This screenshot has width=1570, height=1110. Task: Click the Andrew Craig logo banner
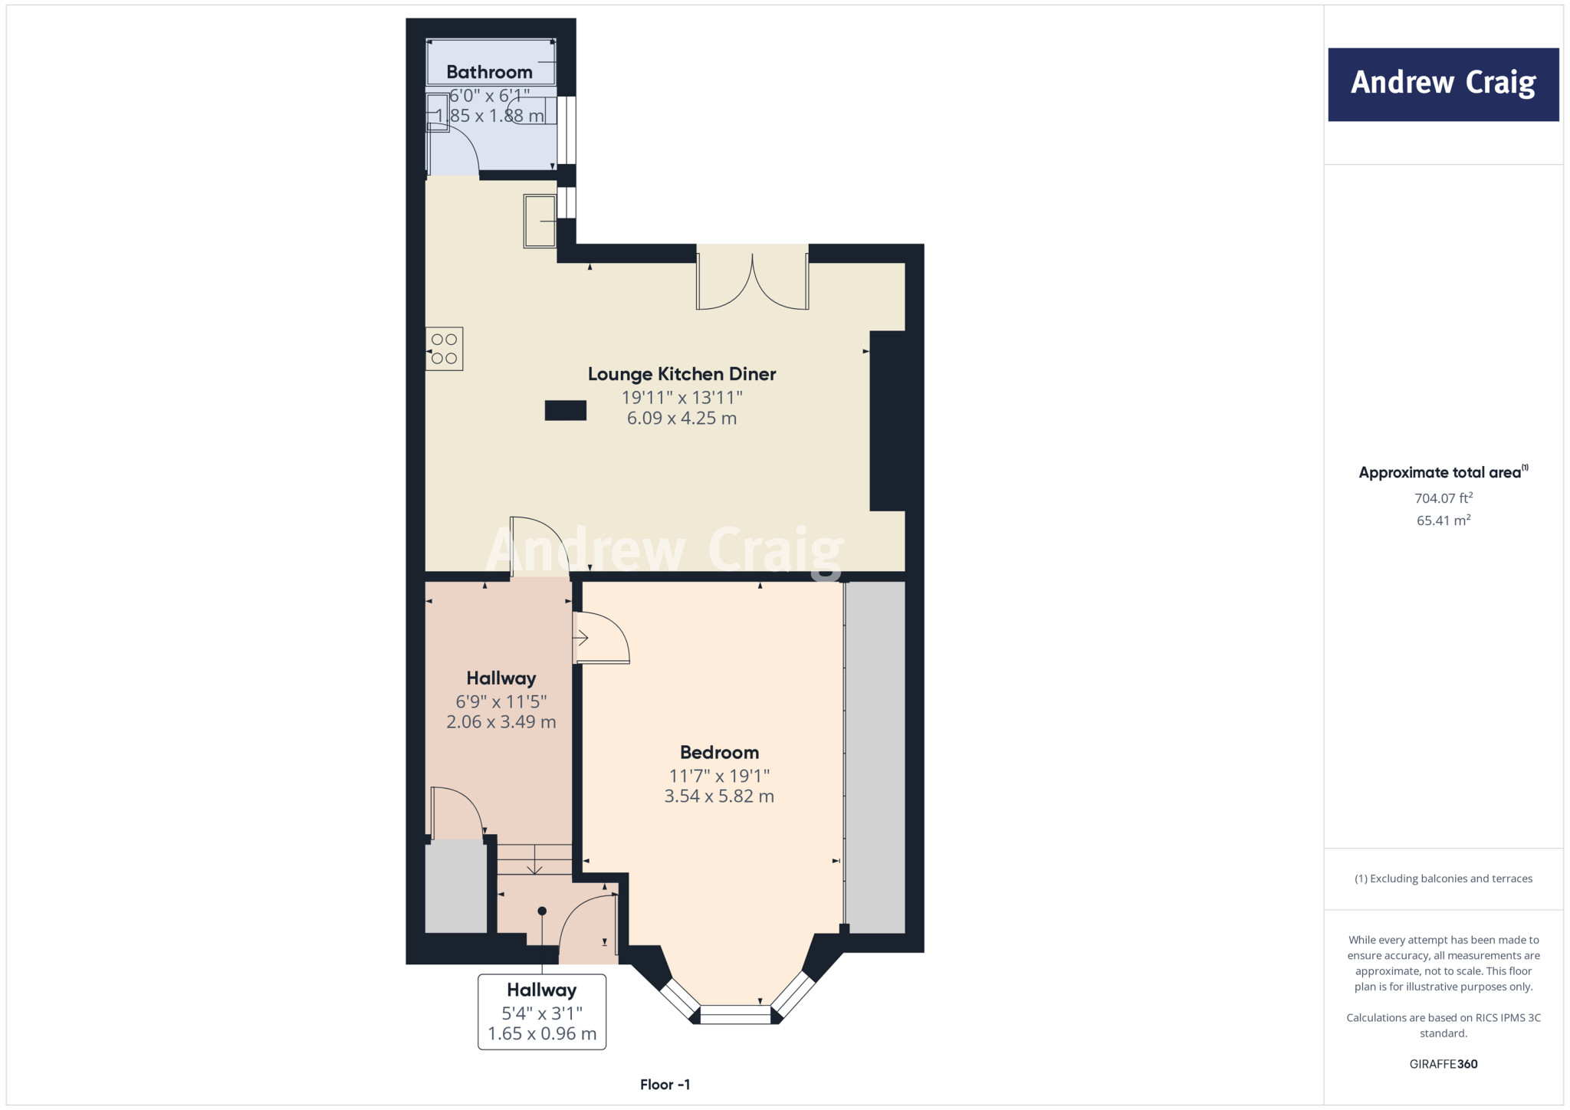click(x=1443, y=84)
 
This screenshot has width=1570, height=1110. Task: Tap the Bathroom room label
click(x=489, y=72)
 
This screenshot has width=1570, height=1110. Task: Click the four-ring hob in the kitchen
click(x=444, y=349)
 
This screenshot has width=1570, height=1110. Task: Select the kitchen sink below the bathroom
click(x=540, y=221)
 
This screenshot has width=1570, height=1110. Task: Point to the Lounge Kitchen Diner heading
click(x=682, y=374)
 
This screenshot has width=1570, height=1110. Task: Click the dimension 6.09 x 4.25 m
click(x=682, y=419)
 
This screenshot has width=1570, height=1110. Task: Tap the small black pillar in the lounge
click(x=565, y=411)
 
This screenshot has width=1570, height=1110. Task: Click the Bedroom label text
click(x=719, y=753)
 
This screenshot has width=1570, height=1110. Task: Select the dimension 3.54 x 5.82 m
click(x=719, y=796)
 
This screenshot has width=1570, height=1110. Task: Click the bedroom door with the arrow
click(x=601, y=638)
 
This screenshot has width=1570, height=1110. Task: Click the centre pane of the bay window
click(x=734, y=1015)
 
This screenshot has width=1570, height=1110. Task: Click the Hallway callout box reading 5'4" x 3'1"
click(x=542, y=1012)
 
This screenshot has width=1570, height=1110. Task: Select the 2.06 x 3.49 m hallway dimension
click(x=501, y=722)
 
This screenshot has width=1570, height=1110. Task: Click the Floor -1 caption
click(x=665, y=1085)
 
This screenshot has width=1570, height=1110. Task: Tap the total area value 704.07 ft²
click(x=1443, y=498)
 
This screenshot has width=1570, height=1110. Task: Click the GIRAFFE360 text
click(x=1443, y=1064)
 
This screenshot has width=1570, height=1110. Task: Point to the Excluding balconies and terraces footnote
click(x=1443, y=878)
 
